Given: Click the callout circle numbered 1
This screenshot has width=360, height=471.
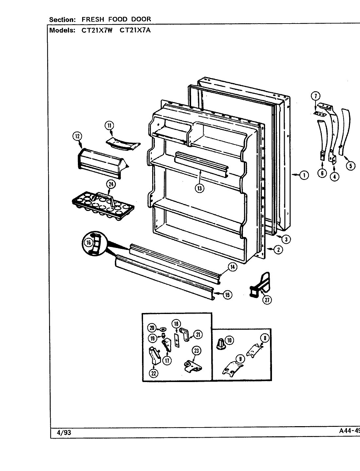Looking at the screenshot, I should pos(304,175).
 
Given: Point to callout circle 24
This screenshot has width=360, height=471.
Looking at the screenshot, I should pos(111,184).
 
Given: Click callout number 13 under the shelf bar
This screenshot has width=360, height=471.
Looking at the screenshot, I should pos(199,189).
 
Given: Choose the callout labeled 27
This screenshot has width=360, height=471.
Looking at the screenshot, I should pos(267,299).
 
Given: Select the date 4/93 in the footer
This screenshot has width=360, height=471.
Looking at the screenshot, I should pos(64,433).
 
